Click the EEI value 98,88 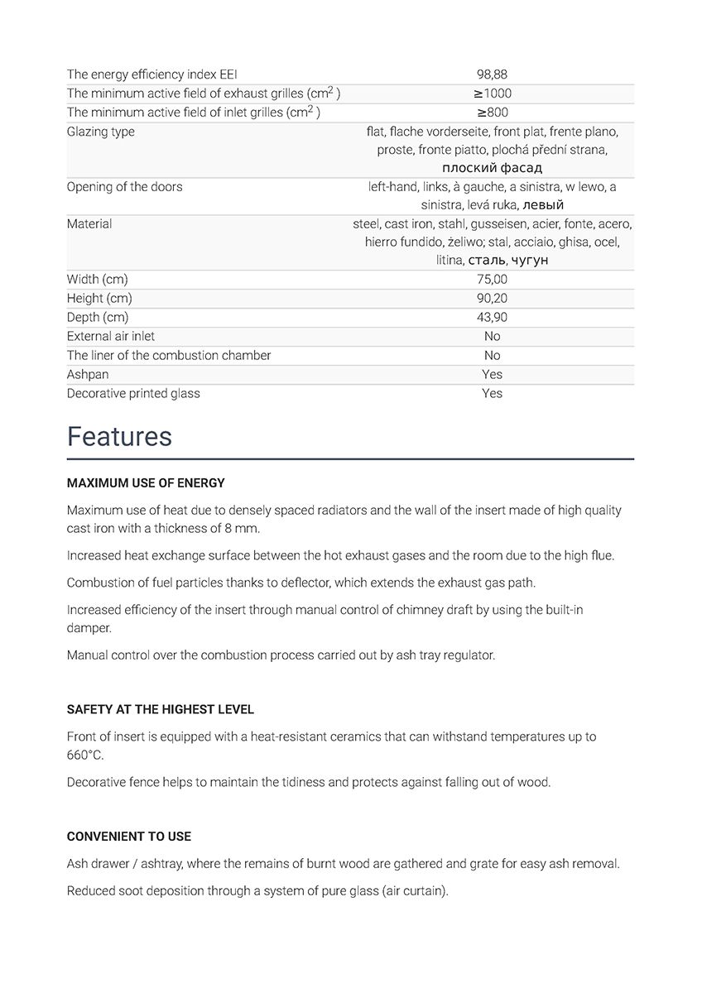click(x=492, y=74)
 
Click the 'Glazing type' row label click(x=100, y=132)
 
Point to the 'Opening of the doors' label click(x=124, y=186)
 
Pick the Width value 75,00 click(x=492, y=279)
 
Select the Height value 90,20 click(x=492, y=298)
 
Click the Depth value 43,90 click(x=492, y=317)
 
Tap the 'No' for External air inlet click(x=492, y=336)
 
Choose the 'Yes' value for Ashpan click(x=492, y=374)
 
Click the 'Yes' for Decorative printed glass click(x=492, y=393)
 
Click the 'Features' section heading click(x=119, y=436)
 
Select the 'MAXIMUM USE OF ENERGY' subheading click(x=146, y=482)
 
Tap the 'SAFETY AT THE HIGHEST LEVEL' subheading click(x=160, y=709)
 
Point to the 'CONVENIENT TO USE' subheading click(x=128, y=837)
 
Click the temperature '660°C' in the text click(x=85, y=755)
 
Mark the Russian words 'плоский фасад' click(x=492, y=168)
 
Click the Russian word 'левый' click(x=543, y=204)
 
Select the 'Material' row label click(x=89, y=223)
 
